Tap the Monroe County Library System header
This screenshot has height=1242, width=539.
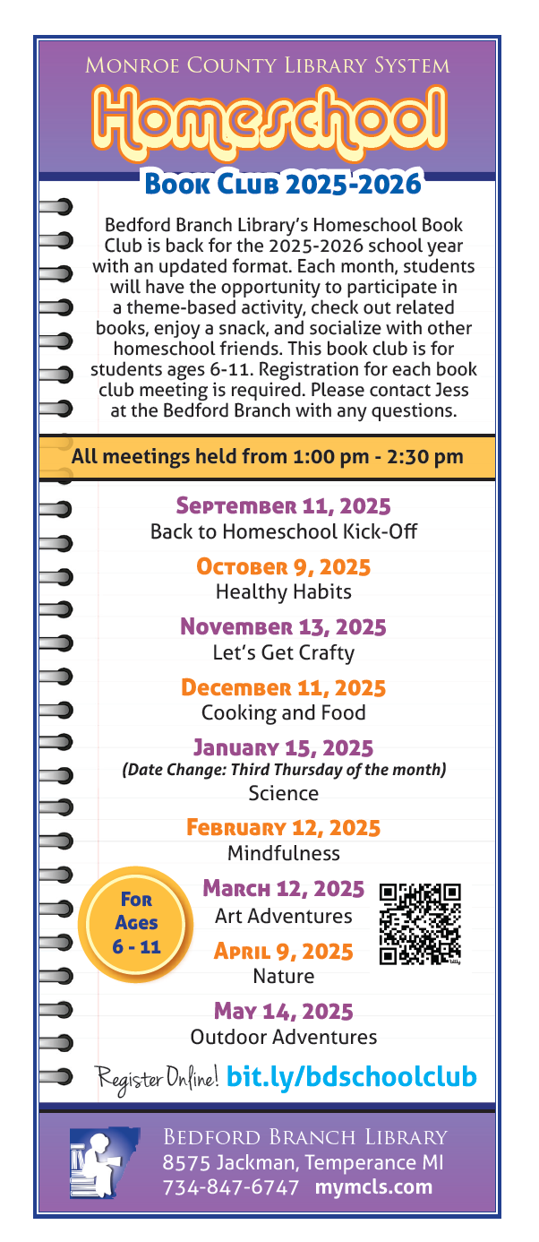tap(268, 65)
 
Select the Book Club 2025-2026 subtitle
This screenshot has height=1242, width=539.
tap(283, 184)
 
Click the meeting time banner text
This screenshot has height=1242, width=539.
tap(267, 457)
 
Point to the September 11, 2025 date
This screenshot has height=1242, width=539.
tap(283, 506)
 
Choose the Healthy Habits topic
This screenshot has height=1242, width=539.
tap(283, 592)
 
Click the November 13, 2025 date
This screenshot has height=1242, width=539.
tap(283, 626)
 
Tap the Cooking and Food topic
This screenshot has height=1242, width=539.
tap(283, 713)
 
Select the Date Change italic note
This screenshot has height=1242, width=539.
tap(283, 770)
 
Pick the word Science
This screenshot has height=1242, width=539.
tap(283, 793)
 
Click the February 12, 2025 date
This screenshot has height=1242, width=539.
tap(283, 828)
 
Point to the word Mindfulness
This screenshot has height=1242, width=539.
tap(283, 852)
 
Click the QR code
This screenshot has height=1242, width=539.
tap(420, 924)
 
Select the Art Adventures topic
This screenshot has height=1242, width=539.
tap(283, 917)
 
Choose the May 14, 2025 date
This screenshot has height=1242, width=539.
tap(283, 1013)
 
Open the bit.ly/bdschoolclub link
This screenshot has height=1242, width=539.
tap(352, 1076)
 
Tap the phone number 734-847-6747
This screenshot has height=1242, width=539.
tap(231, 1188)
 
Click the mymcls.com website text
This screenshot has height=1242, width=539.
tap(373, 1188)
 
